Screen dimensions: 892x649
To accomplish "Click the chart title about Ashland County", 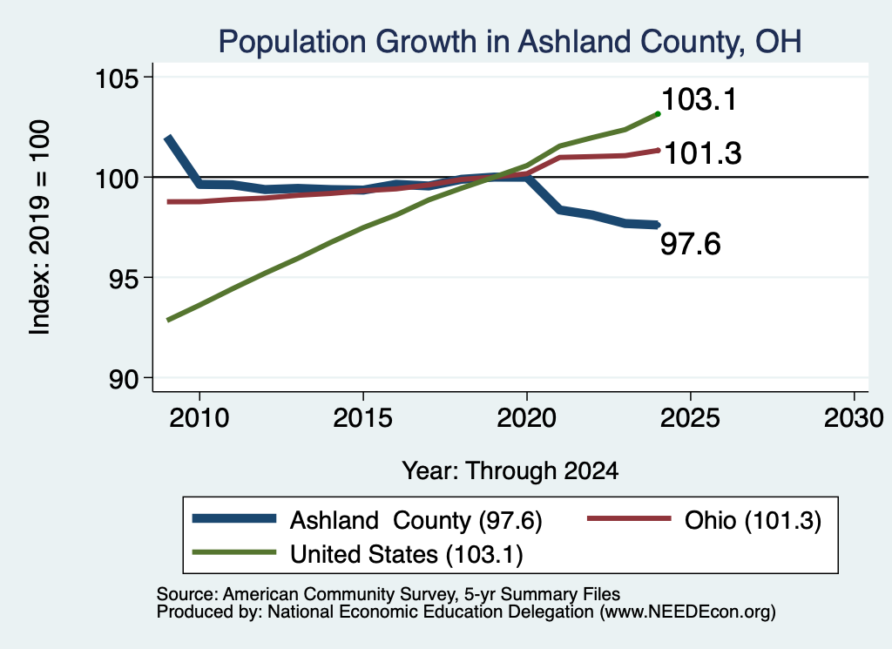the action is pyautogui.click(x=510, y=42).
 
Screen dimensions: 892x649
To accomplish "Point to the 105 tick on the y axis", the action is pyautogui.click(x=117, y=78).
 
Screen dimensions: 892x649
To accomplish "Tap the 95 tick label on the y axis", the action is pyautogui.click(x=124, y=278).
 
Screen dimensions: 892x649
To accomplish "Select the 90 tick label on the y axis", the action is pyautogui.click(x=124, y=378).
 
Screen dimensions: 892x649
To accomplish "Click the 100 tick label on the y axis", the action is pyautogui.click(x=117, y=178).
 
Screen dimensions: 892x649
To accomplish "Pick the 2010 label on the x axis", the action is pyautogui.click(x=199, y=418).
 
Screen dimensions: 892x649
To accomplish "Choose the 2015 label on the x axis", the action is pyautogui.click(x=363, y=418).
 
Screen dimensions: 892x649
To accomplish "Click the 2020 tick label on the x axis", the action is pyautogui.click(x=527, y=418).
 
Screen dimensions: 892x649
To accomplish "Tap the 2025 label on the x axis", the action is pyautogui.click(x=690, y=418).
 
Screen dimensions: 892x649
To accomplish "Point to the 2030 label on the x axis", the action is pyautogui.click(x=854, y=418).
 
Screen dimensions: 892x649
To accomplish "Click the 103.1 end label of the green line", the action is pyautogui.click(x=699, y=99).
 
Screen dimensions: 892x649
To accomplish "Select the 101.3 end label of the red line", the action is pyautogui.click(x=703, y=153).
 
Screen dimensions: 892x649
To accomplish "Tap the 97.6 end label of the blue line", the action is pyautogui.click(x=690, y=244).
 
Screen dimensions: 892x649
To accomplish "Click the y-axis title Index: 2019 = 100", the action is pyautogui.click(x=39, y=227).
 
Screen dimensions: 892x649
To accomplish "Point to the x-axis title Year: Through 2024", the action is pyautogui.click(x=510, y=471).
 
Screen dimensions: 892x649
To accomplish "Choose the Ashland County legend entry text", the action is pyautogui.click(x=416, y=520).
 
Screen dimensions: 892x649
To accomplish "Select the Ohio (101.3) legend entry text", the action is pyautogui.click(x=753, y=520).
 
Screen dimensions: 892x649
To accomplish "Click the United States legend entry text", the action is pyautogui.click(x=406, y=555).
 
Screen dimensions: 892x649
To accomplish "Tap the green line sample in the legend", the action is pyautogui.click(x=233, y=552).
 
